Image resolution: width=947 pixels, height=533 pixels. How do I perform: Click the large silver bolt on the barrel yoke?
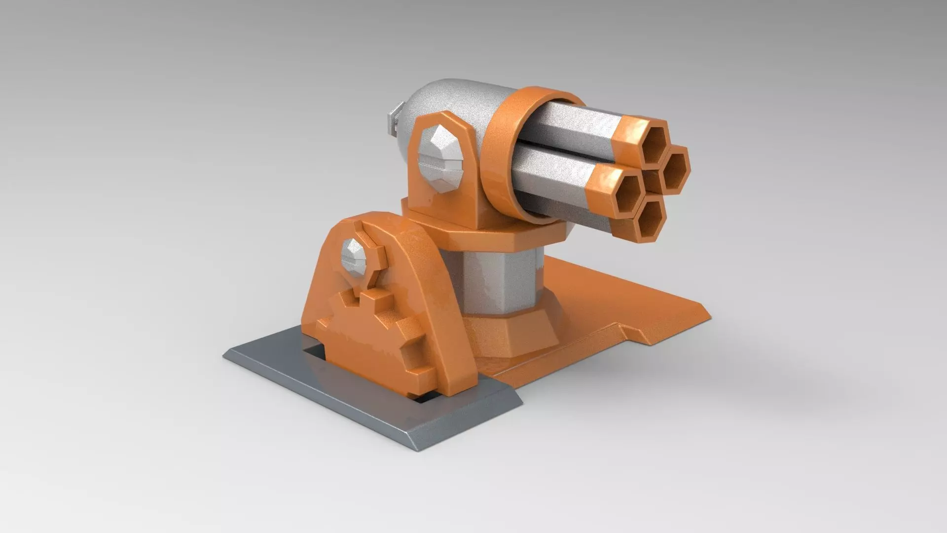441,159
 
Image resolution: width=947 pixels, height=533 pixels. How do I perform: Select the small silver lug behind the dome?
392,121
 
